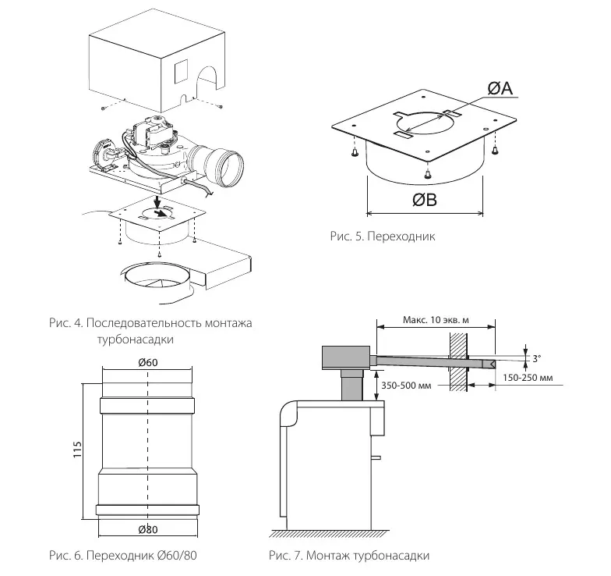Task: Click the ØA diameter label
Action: [500, 88]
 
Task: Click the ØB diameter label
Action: [425, 200]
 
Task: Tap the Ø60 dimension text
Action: [148, 362]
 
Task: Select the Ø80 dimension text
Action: [148, 529]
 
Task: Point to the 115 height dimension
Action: [78, 450]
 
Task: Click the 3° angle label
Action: [537, 358]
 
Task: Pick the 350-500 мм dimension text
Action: [406, 386]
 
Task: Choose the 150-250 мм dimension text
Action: [528, 378]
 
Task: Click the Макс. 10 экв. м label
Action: [436, 320]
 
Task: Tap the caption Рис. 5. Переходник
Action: [383, 236]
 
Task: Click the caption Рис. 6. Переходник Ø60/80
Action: [123, 555]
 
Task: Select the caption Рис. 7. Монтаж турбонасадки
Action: [349, 555]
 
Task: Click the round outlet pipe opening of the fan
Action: [232, 167]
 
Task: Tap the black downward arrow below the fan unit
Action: [157, 201]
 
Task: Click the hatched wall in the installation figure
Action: [458, 362]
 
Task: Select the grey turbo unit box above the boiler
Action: [346, 357]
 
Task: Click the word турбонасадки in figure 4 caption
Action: [136, 339]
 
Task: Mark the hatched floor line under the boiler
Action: [330, 534]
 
